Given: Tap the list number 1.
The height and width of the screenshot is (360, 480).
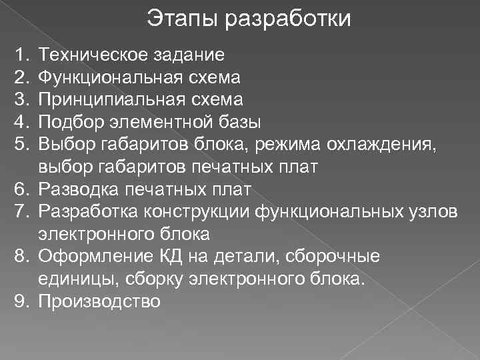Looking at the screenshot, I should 21,54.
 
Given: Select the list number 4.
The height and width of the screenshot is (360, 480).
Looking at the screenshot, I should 21,122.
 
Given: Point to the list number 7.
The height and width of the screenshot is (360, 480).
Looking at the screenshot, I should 21,212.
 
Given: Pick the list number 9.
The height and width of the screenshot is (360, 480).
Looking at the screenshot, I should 21,302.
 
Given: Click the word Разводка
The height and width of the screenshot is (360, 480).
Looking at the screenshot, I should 77,190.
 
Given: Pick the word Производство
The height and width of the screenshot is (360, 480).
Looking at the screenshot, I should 99,302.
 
